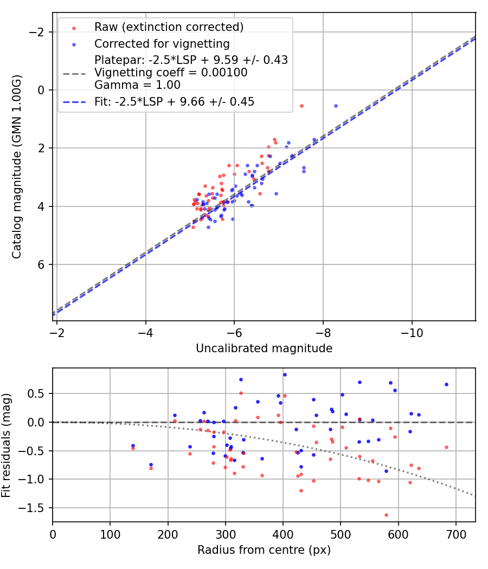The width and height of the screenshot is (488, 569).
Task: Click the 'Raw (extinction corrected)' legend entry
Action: click(169, 27)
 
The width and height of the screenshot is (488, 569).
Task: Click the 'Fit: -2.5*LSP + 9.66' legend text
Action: click(174, 101)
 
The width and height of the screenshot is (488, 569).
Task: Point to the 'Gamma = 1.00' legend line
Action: click(137, 85)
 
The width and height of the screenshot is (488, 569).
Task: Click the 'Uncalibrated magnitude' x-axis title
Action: click(264, 348)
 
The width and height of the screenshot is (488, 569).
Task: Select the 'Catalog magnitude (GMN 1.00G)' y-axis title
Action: click(17, 176)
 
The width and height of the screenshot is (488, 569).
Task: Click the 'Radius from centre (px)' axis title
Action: click(264, 550)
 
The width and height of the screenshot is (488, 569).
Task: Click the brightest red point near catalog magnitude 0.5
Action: click(301, 106)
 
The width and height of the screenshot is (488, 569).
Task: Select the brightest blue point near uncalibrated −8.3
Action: click(336, 106)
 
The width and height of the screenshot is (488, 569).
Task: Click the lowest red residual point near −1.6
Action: click(386, 515)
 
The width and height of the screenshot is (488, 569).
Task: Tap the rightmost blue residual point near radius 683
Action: click(446, 384)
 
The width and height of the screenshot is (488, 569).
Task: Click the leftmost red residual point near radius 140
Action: click(133, 448)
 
